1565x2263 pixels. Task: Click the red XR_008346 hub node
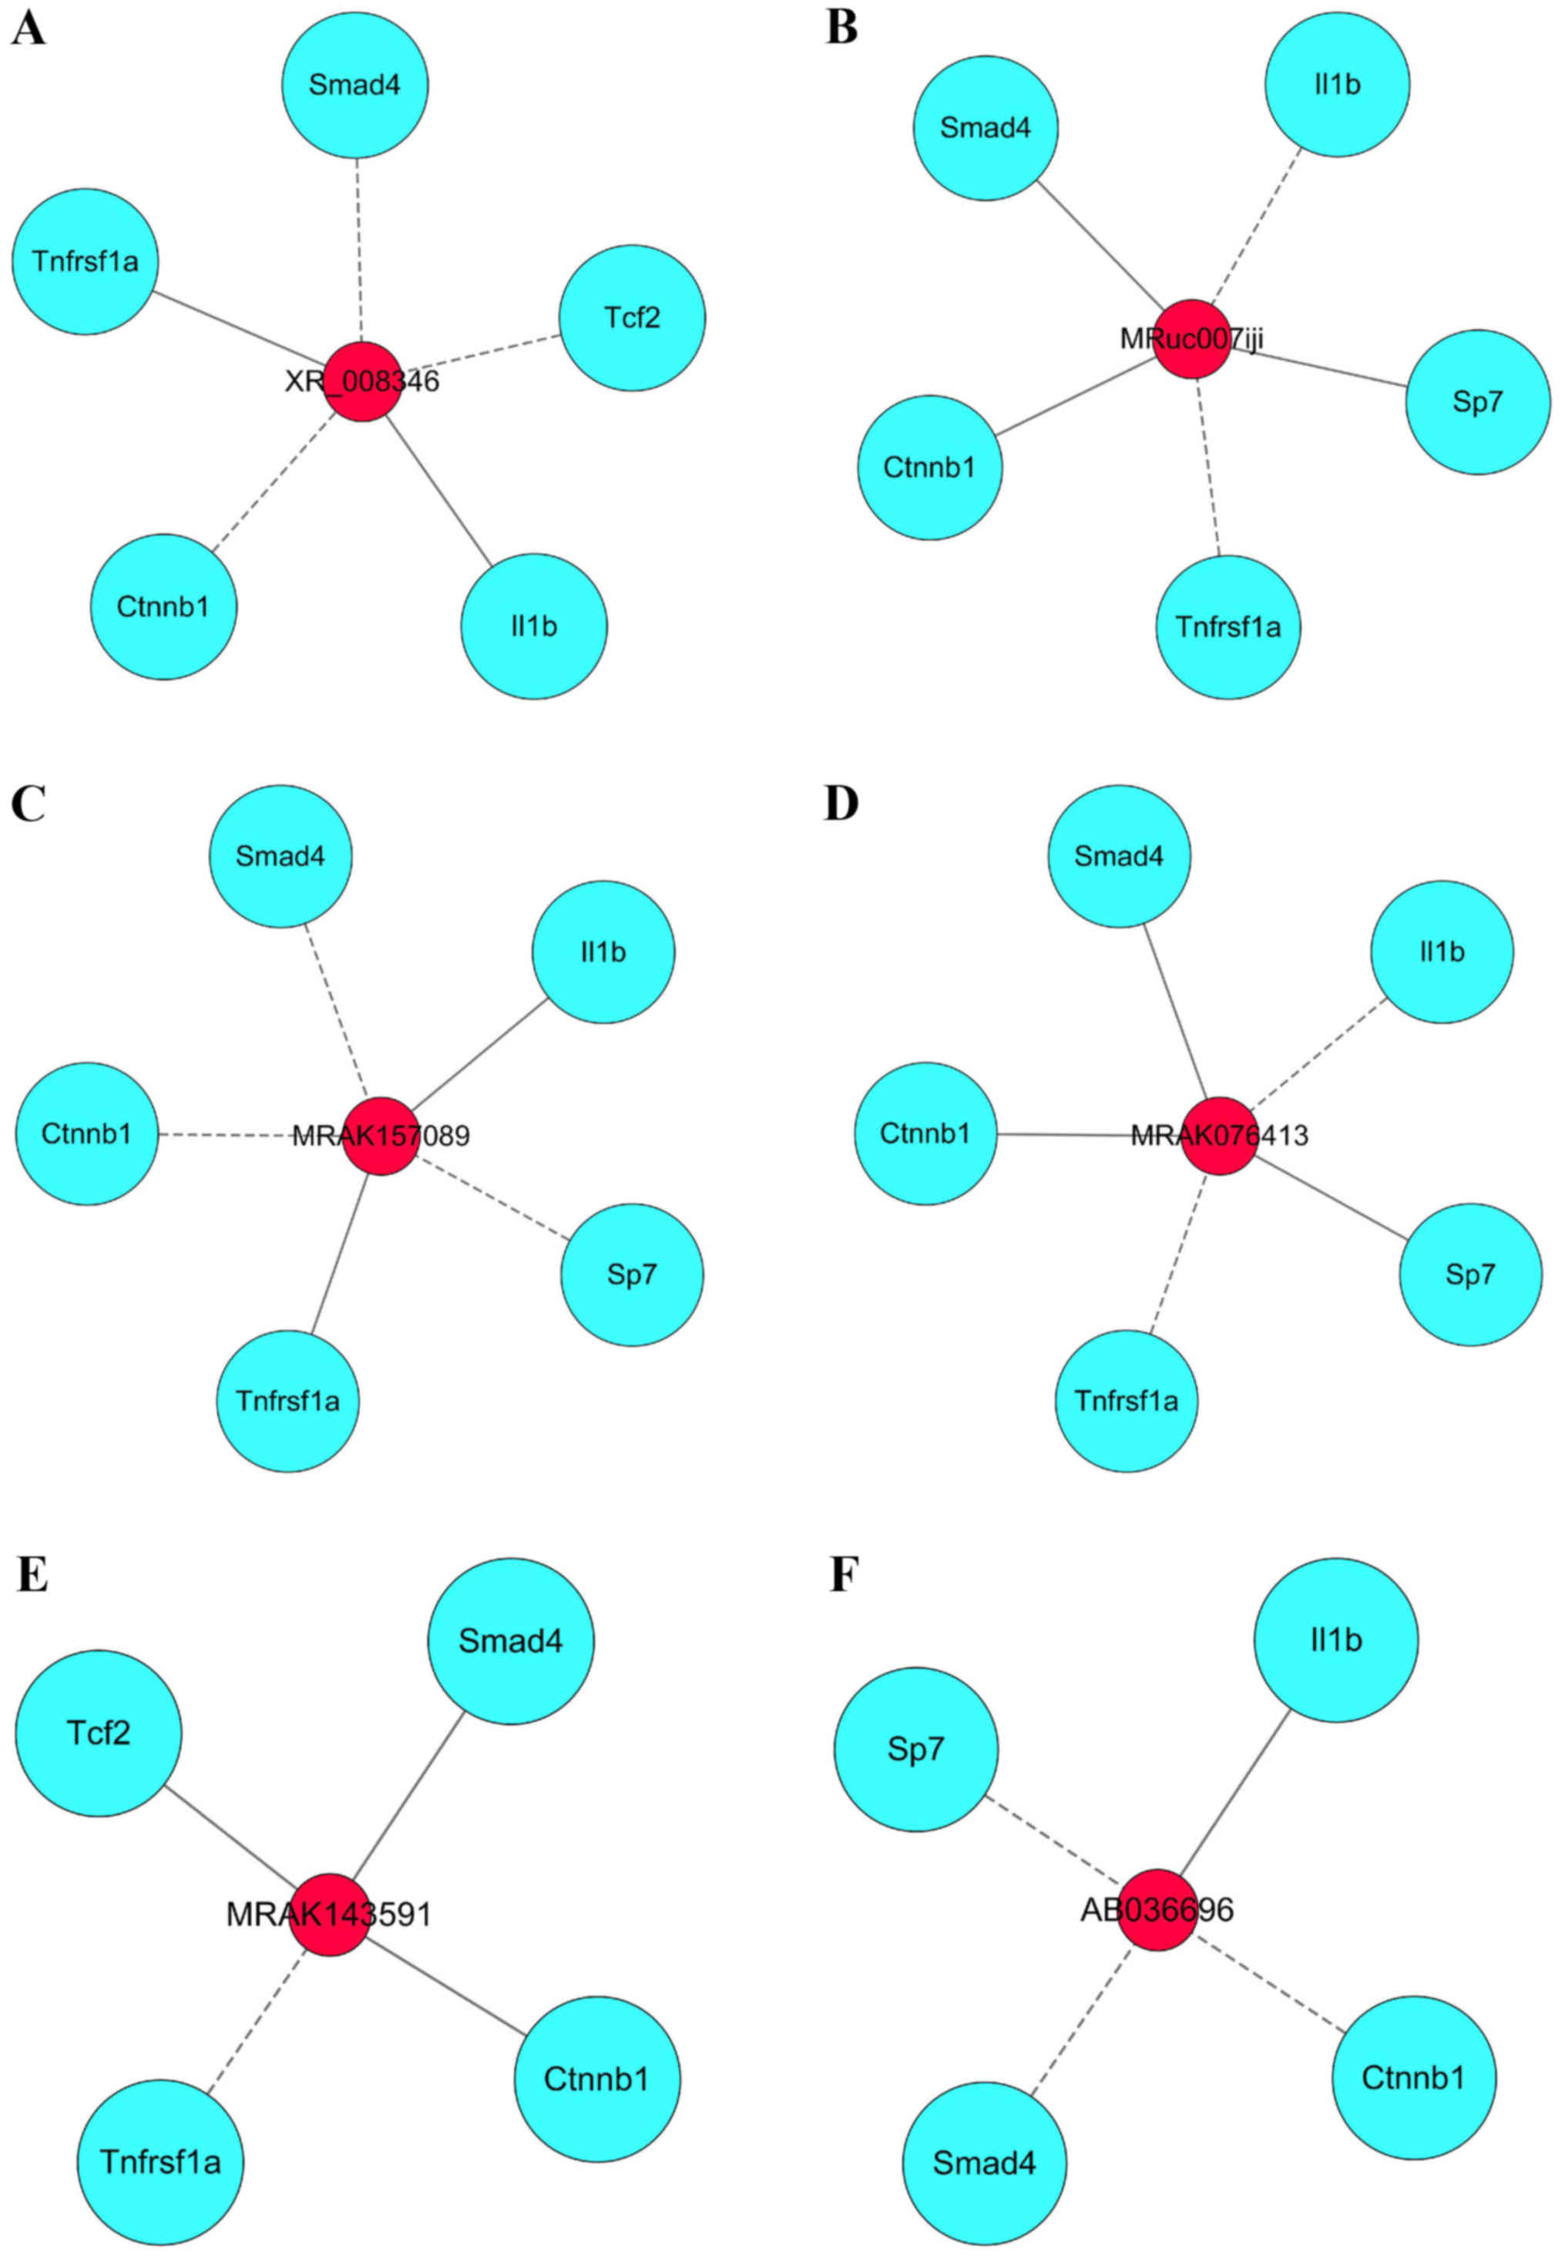(363, 381)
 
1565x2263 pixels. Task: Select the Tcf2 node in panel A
(632, 317)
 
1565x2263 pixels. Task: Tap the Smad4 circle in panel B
(986, 129)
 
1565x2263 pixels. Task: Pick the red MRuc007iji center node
(1191, 339)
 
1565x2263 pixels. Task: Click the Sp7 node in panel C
(632, 1274)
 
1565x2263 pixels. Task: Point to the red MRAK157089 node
(381, 1136)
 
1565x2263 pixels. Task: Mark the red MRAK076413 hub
(1219, 1136)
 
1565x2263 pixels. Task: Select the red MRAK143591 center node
(331, 1914)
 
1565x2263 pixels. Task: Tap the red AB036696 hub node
(1157, 1909)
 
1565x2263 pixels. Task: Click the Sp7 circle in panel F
(916, 1749)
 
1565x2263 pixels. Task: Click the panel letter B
(841, 29)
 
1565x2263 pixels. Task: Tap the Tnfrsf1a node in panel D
(1127, 1401)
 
